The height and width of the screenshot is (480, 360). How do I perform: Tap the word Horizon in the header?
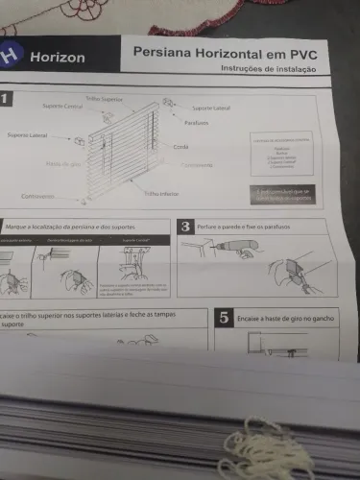coord(56,58)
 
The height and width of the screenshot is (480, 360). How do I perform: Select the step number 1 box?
coord(5,98)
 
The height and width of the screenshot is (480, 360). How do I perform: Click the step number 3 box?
coord(185,227)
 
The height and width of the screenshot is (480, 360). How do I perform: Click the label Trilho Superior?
coord(105,98)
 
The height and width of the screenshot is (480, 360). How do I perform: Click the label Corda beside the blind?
coord(180,147)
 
